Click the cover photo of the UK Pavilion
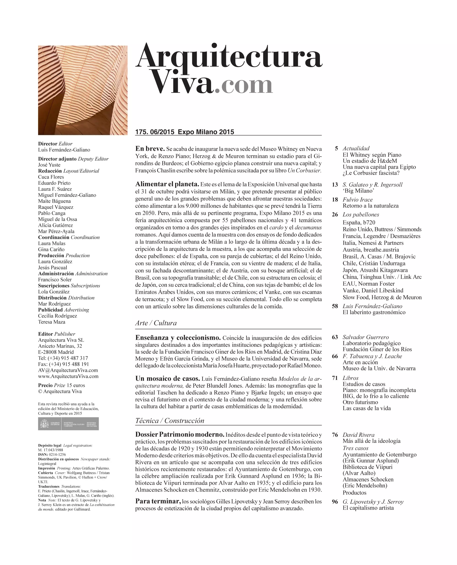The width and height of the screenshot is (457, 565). click(x=83, y=90)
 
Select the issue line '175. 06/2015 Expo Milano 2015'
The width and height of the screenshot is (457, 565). click(x=185, y=132)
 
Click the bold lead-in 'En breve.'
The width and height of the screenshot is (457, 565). click(x=150, y=149)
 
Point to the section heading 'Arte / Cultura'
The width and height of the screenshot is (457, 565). click(x=156, y=323)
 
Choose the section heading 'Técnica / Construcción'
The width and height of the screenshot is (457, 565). click(x=170, y=420)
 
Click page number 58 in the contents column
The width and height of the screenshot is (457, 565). click(x=335, y=306)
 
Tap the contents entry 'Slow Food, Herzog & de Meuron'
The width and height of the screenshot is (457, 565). click(x=382, y=297)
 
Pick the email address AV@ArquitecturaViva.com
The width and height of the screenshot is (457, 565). click(x=68, y=370)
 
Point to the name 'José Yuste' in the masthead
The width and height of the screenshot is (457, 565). click(x=49, y=165)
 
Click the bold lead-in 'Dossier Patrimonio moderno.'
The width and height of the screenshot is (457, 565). click(x=180, y=434)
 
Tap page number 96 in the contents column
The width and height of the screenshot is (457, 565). click(x=335, y=502)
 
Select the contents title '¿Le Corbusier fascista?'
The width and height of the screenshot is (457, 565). click(x=371, y=173)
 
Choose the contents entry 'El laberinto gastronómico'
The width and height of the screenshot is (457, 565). click(x=374, y=313)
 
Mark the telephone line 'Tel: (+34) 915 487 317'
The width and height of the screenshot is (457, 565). click(x=63, y=358)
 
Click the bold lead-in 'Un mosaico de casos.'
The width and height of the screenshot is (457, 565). click(x=167, y=379)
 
